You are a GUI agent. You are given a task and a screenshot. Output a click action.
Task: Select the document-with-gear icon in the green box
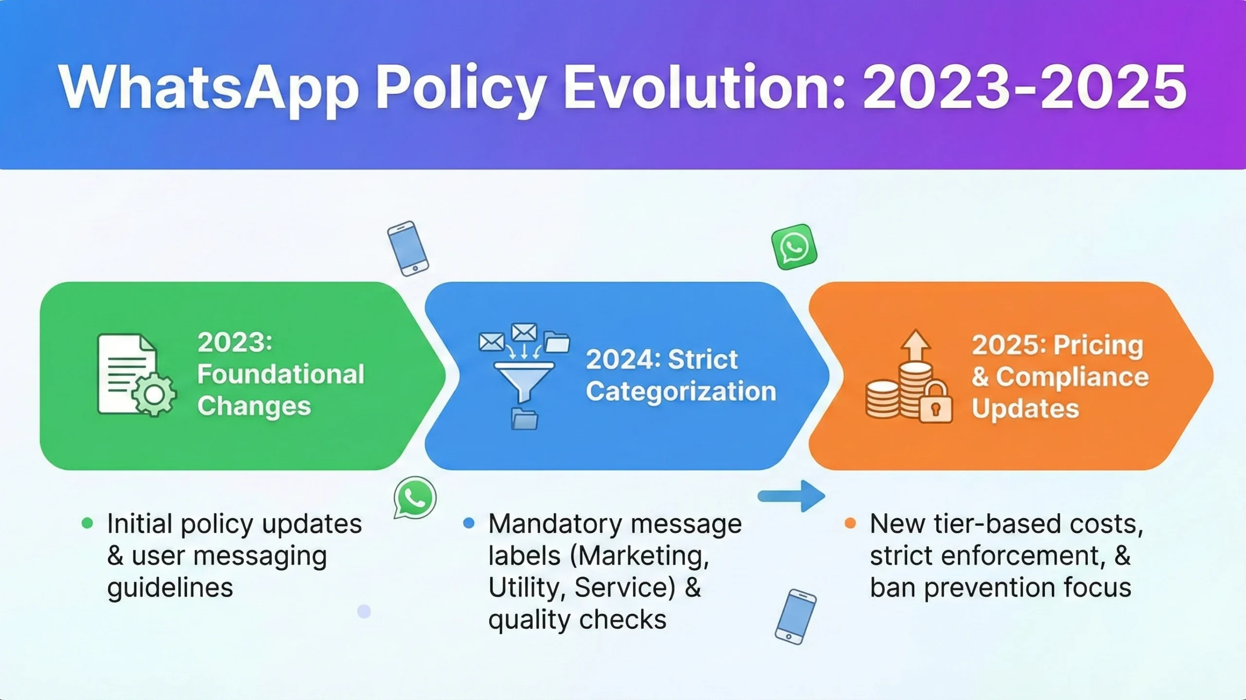point(136,375)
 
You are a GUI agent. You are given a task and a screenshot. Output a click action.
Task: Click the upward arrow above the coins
point(916,345)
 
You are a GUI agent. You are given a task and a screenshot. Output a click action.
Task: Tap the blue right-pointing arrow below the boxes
point(791,496)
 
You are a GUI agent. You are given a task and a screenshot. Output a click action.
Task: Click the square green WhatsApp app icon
point(794,247)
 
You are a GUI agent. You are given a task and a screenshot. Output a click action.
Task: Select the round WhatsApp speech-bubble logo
point(415,497)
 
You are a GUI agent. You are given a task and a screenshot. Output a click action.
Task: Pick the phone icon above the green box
point(408,249)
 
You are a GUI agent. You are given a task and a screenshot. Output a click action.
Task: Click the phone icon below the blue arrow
point(796,617)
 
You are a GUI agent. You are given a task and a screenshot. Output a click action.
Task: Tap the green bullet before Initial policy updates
point(88,523)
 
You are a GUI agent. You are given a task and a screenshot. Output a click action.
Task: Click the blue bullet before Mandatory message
point(469,523)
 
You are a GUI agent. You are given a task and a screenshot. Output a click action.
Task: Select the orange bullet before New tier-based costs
point(850,523)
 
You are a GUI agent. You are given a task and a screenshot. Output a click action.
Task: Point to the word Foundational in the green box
point(281,375)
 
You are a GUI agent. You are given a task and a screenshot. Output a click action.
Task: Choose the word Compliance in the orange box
point(1072,377)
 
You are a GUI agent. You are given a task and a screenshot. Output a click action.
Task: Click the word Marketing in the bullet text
point(640,556)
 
